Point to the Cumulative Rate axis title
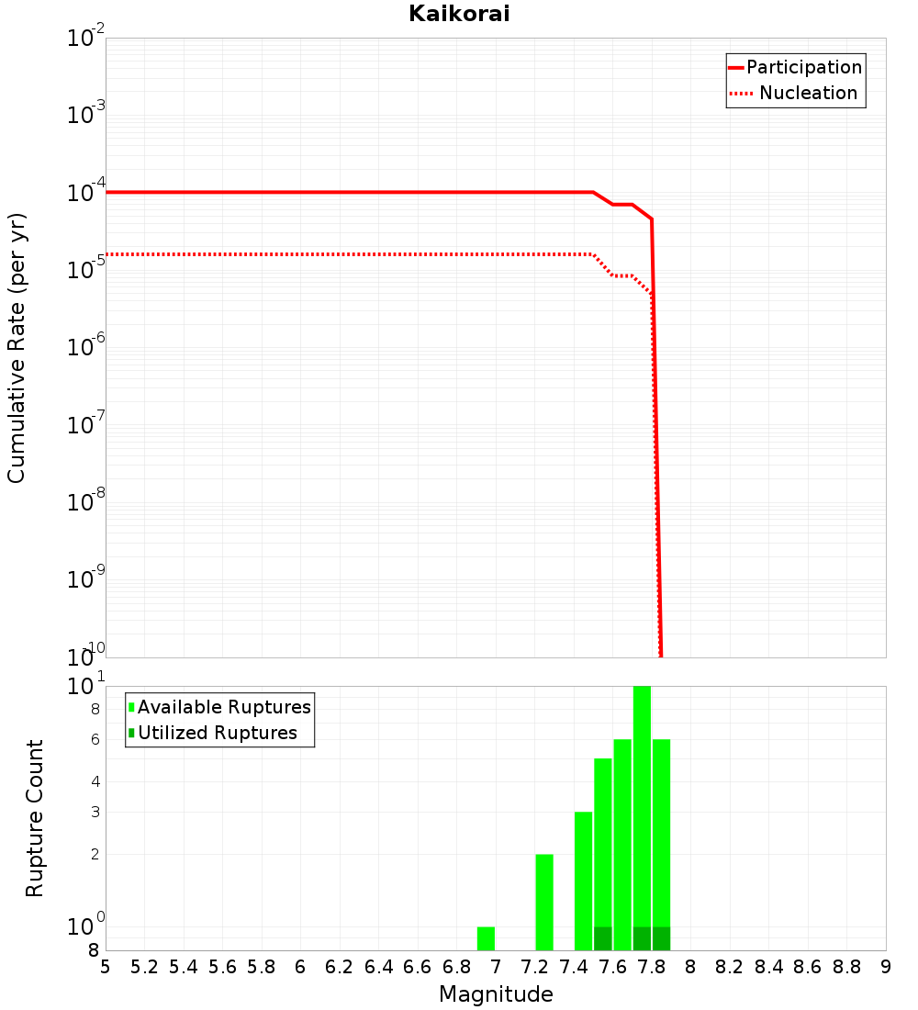click(17, 347)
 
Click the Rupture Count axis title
click(35, 818)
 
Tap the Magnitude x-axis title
click(496, 994)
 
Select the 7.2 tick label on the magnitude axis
click(534, 967)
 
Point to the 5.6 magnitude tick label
click(222, 967)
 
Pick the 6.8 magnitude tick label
click(456, 967)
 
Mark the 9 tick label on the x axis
click(885, 967)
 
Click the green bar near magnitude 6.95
click(486, 938)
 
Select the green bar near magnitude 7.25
click(544, 902)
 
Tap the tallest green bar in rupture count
click(642, 817)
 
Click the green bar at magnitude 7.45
click(583, 881)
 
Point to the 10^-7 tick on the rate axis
click(85, 425)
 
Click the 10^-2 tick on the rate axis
click(85, 39)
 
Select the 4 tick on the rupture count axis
click(95, 782)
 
